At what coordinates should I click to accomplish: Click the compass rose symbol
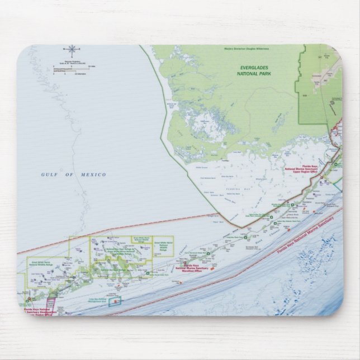tap(72, 50)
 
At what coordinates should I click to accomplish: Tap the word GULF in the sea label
tap(50, 175)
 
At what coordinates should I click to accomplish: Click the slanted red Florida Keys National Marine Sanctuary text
tap(307, 235)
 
